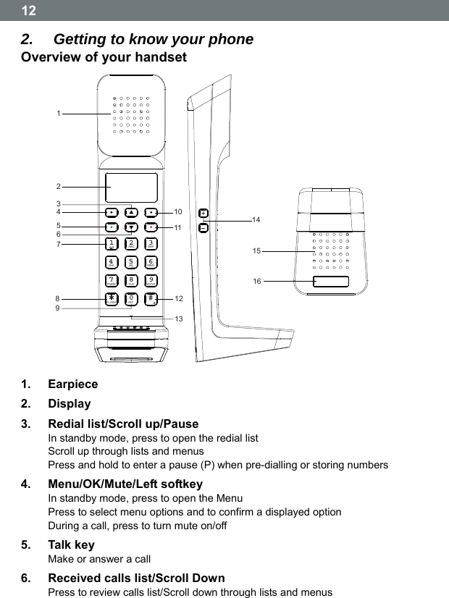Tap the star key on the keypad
click(x=111, y=298)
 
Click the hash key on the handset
click(x=151, y=298)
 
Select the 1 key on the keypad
click(x=111, y=244)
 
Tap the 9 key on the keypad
click(x=151, y=280)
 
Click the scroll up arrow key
click(x=131, y=212)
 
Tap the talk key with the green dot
click(x=111, y=227)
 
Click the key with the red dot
click(x=151, y=227)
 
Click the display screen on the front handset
click(x=131, y=188)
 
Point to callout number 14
click(x=256, y=218)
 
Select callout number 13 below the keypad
click(x=178, y=319)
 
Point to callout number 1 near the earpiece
click(x=59, y=113)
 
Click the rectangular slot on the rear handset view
click(x=331, y=281)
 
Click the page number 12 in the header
click(x=28, y=11)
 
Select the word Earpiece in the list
click(x=72, y=384)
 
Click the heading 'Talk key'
click(x=71, y=544)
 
